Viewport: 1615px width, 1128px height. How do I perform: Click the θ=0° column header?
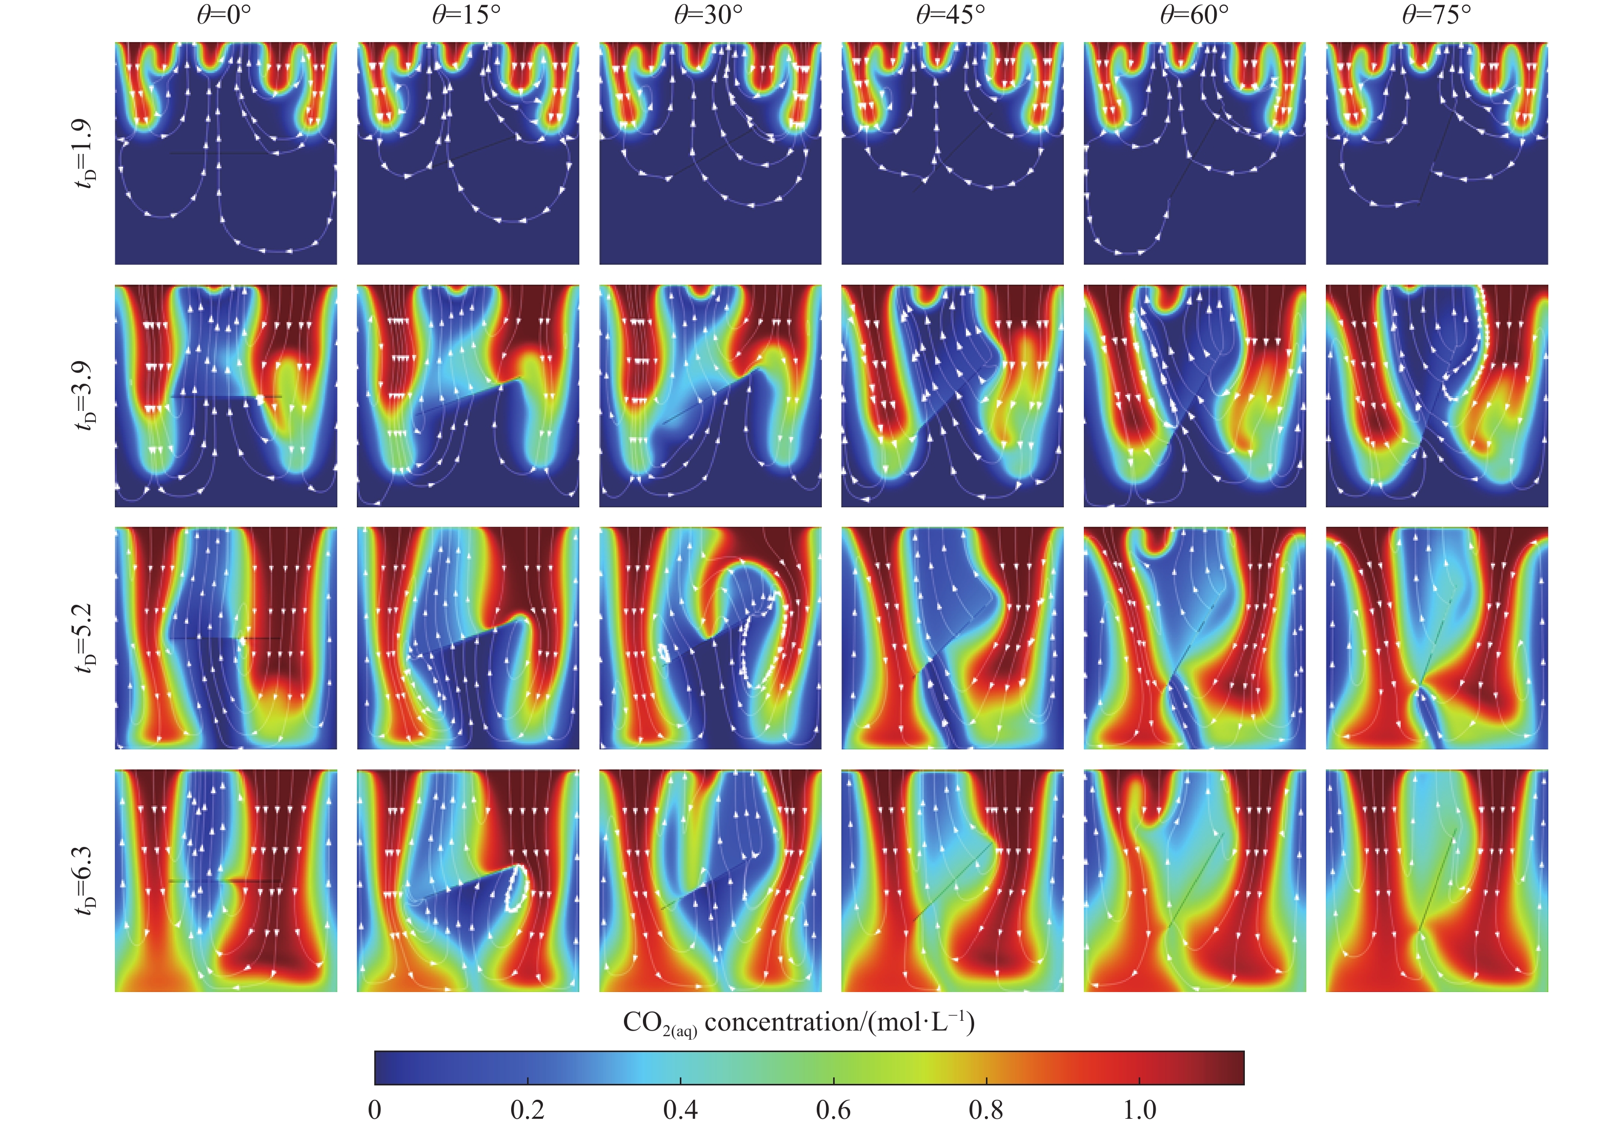point(224,15)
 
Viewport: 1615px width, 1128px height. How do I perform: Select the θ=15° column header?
point(467,15)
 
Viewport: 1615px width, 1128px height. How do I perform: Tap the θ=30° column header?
point(709,15)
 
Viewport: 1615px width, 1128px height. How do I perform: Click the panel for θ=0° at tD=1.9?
point(226,153)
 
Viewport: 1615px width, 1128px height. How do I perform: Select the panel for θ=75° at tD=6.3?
point(1437,880)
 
